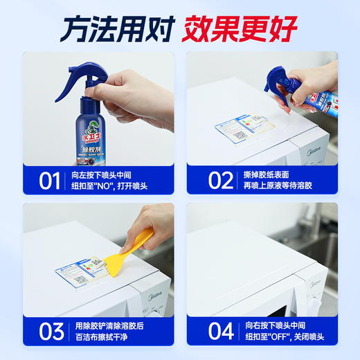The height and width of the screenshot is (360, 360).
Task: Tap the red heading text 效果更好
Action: pyautogui.click(x=240, y=29)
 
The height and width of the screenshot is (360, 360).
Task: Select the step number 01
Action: pyautogui.click(x=49, y=181)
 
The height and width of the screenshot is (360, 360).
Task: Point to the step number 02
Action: pyautogui.click(x=221, y=181)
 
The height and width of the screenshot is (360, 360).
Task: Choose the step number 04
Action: pyautogui.click(x=221, y=331)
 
